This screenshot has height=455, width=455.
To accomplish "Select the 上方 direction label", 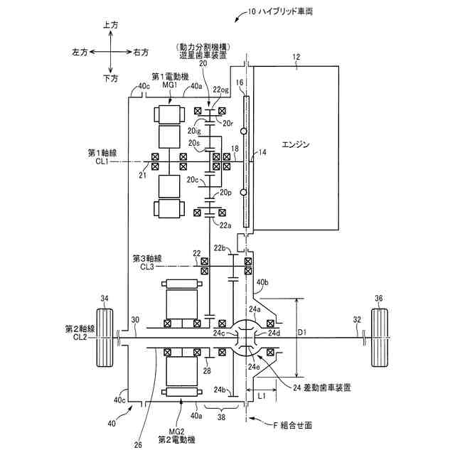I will pos(110,25).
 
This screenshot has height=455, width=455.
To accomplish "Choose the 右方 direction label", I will pos(141,52).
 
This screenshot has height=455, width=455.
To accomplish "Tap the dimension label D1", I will pos(303,332).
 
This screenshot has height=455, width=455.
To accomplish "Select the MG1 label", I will pos(169,85).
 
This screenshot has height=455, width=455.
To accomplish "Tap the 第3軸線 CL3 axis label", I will pos(146,262).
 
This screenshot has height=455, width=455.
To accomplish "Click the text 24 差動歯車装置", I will pos(322,387).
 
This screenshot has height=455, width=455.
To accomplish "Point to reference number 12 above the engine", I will pos(296,55).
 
